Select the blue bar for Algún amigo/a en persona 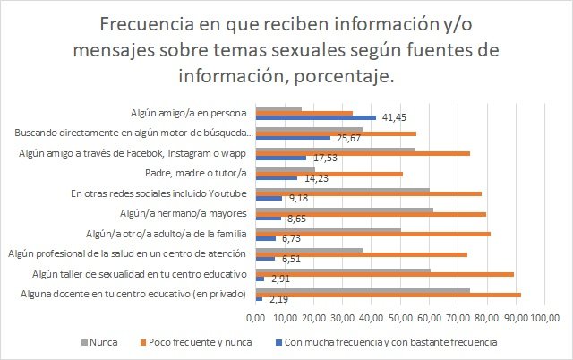click(x=316, y=117)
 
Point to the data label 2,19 click(x=278, y=298)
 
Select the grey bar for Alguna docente click(x=363, y=290)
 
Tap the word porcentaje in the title click(x=342, y=77)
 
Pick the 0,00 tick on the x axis click(x=257, y=316)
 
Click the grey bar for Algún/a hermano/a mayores click(x=345, y=210)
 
